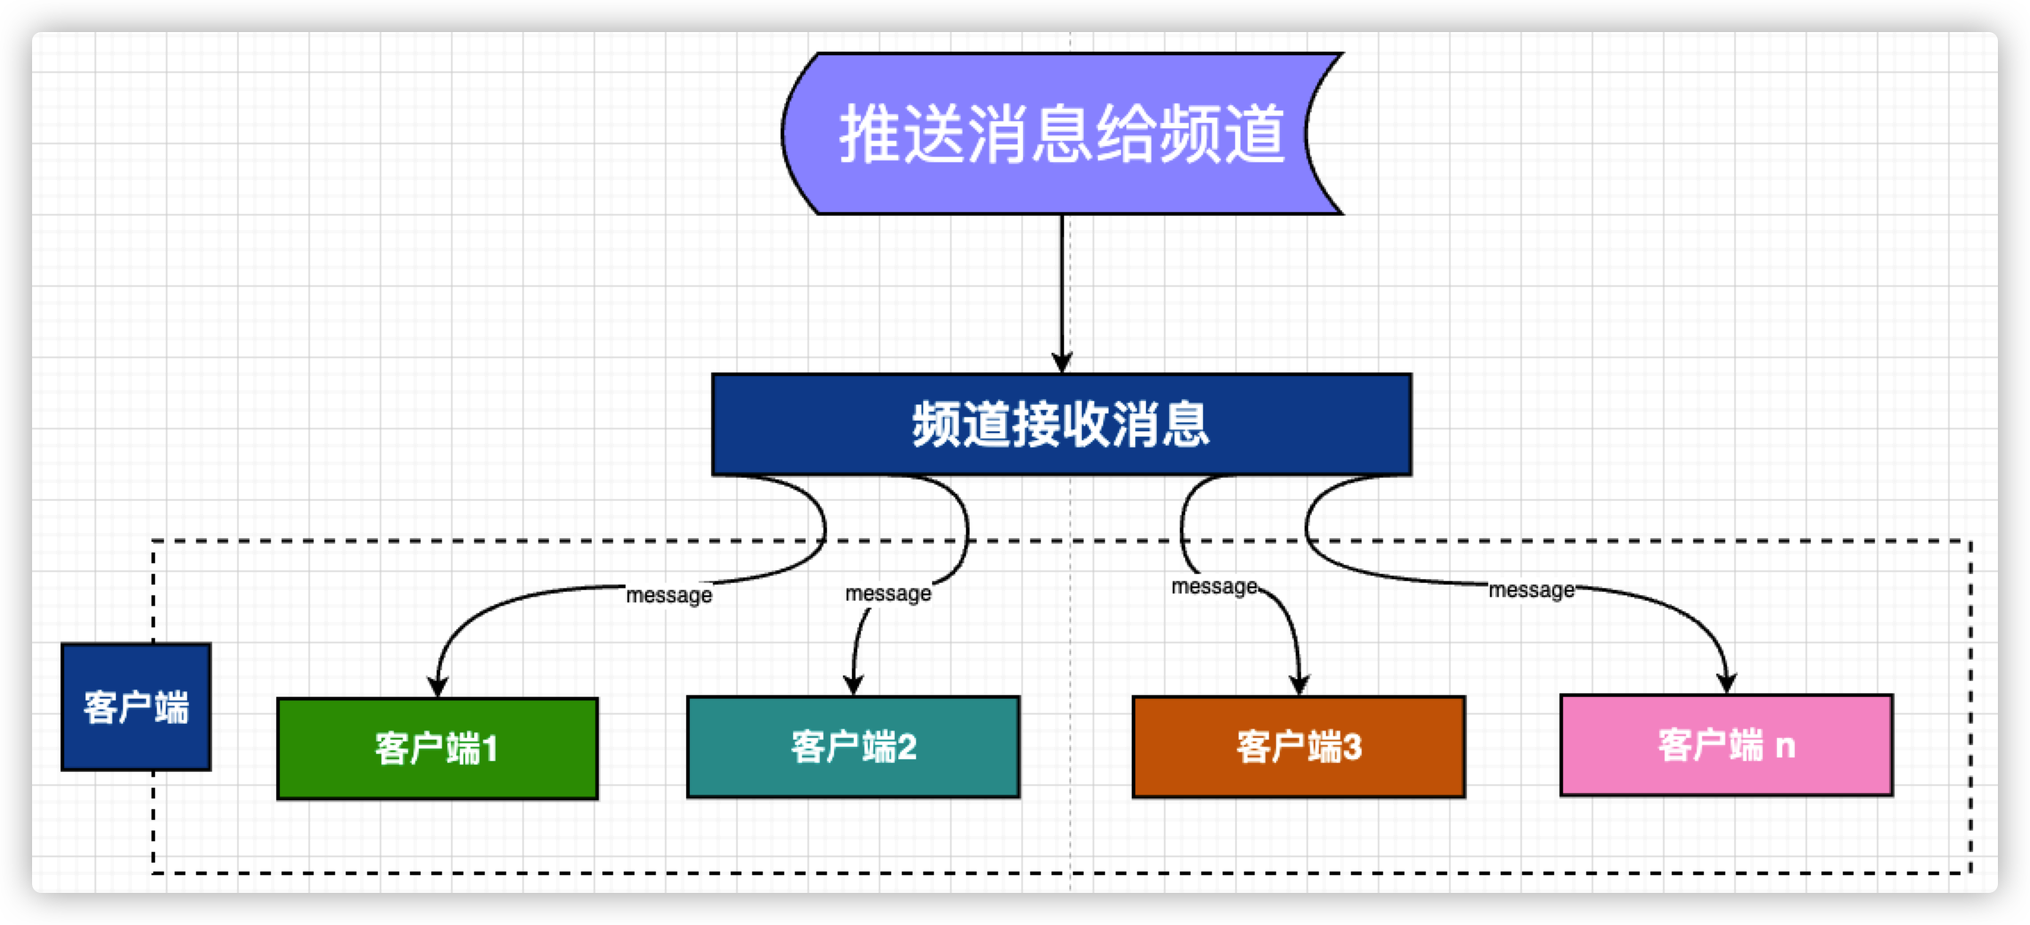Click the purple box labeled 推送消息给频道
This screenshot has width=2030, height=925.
[1060, 134]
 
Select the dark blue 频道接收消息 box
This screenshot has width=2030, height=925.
[1060, 424]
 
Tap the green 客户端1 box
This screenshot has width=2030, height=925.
[437, 749]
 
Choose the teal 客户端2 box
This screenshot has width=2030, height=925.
[853, 747]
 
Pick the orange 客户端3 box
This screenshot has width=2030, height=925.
[1298, 747]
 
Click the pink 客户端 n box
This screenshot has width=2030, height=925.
[1726, 745]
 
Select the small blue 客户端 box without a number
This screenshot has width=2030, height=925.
[135, 707]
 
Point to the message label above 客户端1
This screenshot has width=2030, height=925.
[668, 595]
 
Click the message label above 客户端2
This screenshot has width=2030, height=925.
[888, 593]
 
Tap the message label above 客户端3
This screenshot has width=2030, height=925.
[1214, 587]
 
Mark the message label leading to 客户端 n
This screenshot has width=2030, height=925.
[1531, 590]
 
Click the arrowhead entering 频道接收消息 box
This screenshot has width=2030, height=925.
[1061, 364]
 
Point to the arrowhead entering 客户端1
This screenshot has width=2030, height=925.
[437, 686]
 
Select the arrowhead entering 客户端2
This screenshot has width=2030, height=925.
[854, 685]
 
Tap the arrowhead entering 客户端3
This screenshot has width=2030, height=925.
[1299, 684]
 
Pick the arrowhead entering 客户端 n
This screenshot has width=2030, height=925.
[1727, 684]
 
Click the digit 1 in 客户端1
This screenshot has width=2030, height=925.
[489, 749]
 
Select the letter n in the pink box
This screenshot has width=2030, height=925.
[1785, 746]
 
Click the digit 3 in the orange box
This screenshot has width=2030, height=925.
[1352, 748]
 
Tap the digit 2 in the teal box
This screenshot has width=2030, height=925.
[906, 748]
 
